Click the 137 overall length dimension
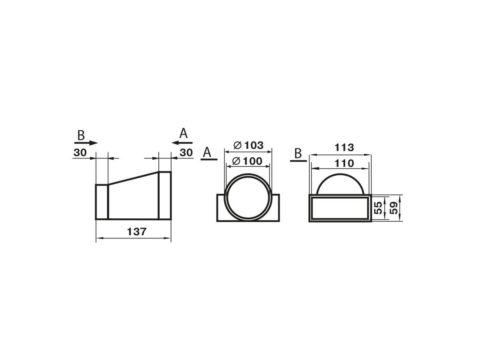pos(136,232)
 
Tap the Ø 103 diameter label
pos(249,145)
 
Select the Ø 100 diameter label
pos(247,161)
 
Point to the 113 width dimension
pos(344,148)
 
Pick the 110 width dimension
pos(344,163)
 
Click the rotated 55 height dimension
pos(378,208)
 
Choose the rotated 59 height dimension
pos(394,208)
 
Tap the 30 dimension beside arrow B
pos(80,152)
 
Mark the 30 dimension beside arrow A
pos(186,152)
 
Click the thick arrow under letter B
pos(86,143)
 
